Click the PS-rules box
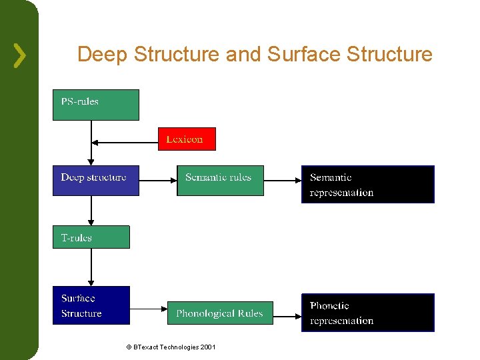click(95, 105)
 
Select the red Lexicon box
click(187, 139)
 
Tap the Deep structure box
click(95, 180)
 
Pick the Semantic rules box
click(220, 180)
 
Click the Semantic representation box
click(367, 184)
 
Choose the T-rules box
click(91, 237)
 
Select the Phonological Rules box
click(220, 313)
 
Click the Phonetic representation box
click(367, 313)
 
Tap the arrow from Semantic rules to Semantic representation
click(282, 180)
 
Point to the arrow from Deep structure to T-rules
click(91, 211)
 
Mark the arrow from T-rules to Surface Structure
click(91, 267)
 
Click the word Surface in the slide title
click(301, 54)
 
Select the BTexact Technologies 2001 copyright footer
click(170, 347)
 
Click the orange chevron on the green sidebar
click(20, 55)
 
